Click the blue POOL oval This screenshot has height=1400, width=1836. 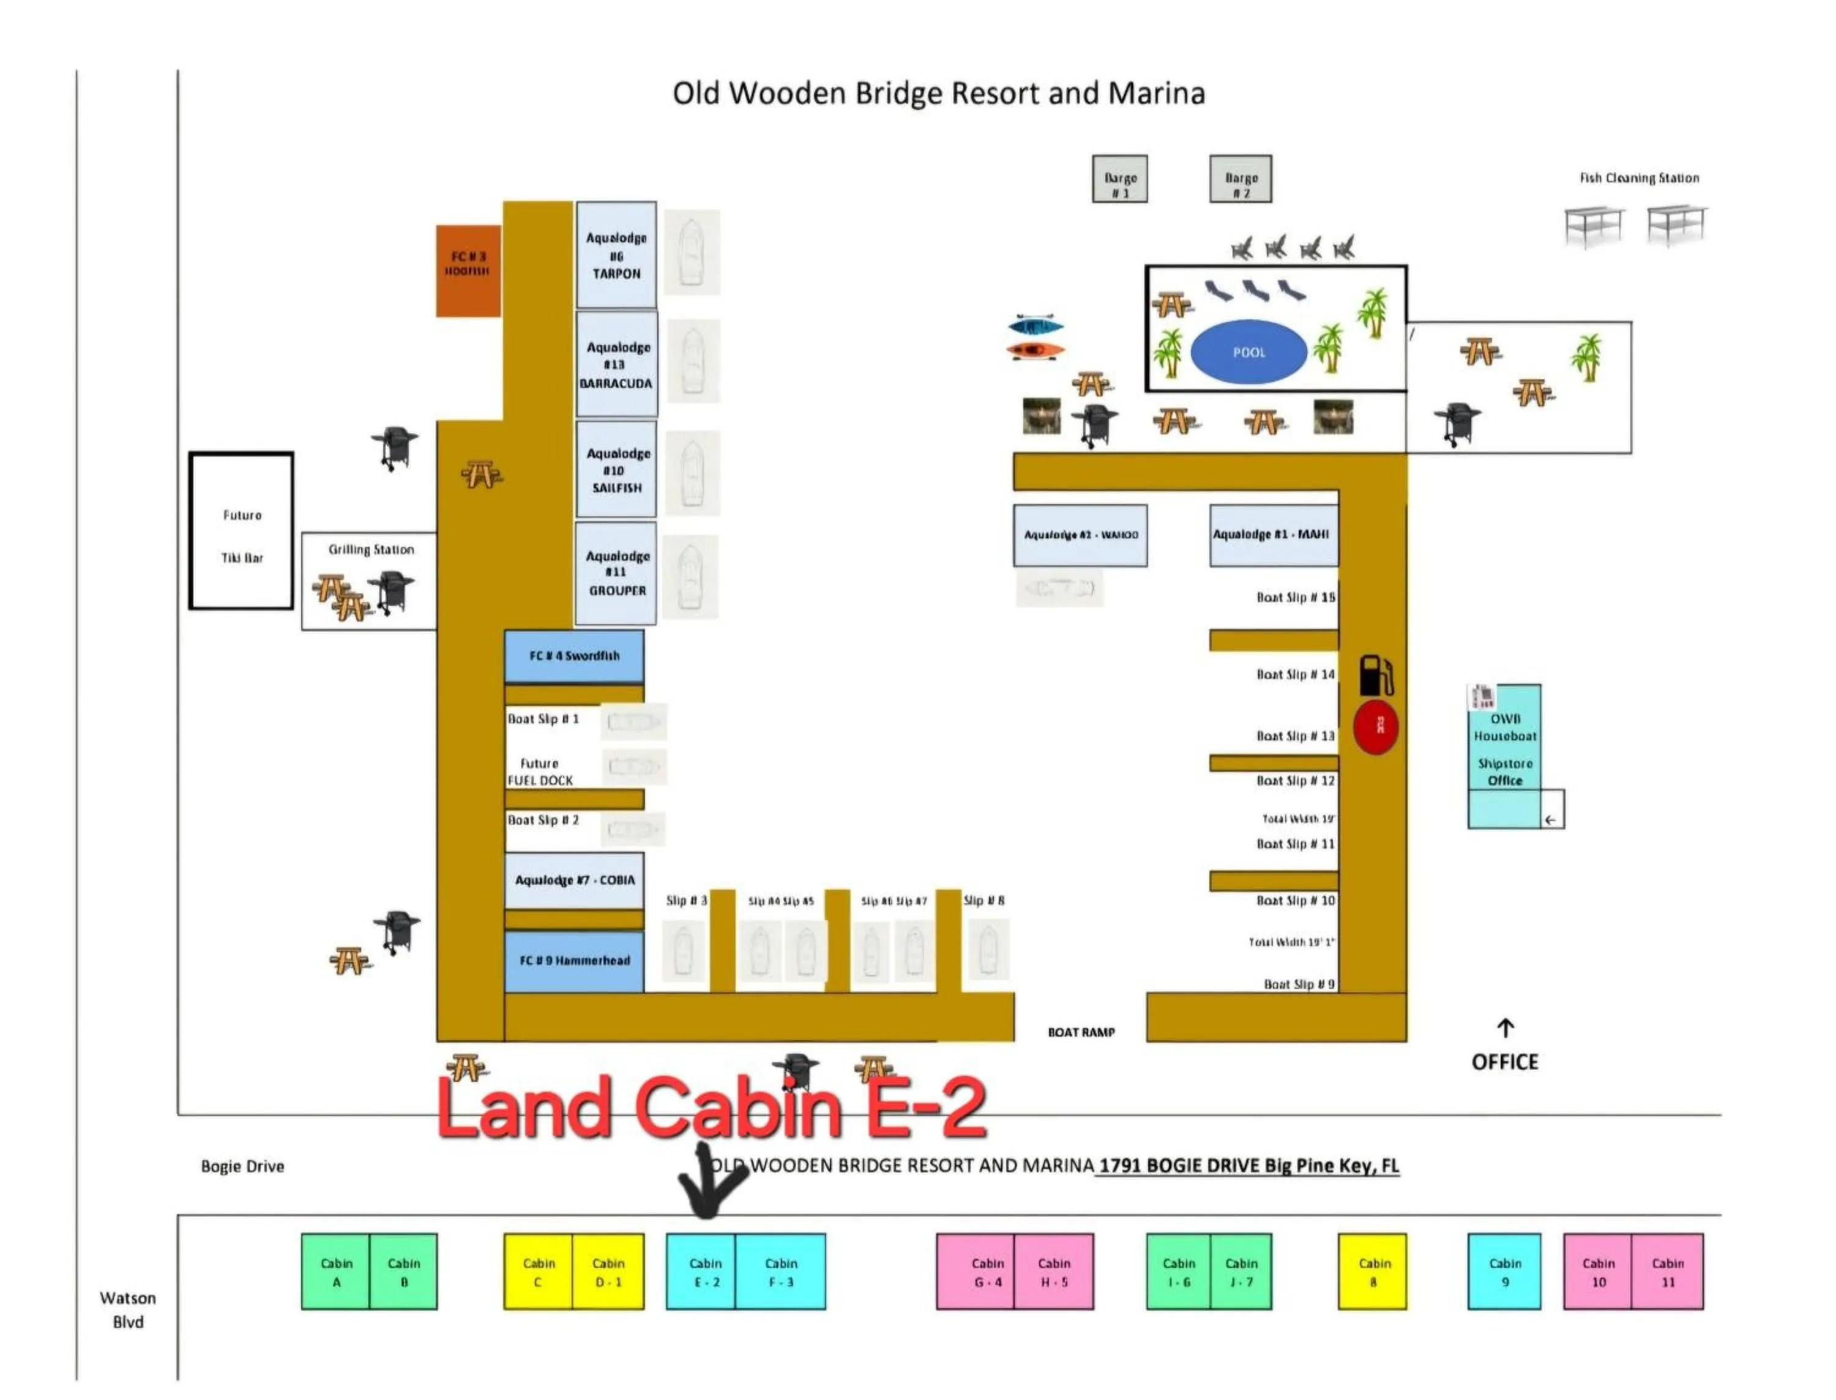point(1248,352)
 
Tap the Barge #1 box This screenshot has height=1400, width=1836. point(1119,179)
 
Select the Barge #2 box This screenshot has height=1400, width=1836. point(1240,179)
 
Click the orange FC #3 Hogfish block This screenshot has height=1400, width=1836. point(468,271)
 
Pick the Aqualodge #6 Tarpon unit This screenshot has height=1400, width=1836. point(616,255)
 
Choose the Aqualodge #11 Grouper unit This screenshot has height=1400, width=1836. point(616,573)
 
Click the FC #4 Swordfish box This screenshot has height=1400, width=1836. point(573,656)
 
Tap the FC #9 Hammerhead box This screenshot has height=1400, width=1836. point(573,961)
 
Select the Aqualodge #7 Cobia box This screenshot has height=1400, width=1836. point(573,880)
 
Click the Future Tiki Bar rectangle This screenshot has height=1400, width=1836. point(241,531)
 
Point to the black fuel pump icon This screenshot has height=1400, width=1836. point(1375,675)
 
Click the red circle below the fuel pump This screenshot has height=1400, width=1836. point(1375,728)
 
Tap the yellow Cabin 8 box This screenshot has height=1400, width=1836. point(1371,1272)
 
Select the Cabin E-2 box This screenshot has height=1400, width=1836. point(701,1272)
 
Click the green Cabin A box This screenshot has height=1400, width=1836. point(336,1272)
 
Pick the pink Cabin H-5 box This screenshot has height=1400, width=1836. point(1053,1272)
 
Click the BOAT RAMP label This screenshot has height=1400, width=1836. point(1081,1032)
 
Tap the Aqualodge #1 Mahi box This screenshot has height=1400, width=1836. point(1272,535)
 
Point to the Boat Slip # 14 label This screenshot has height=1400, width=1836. point(1295,674)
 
